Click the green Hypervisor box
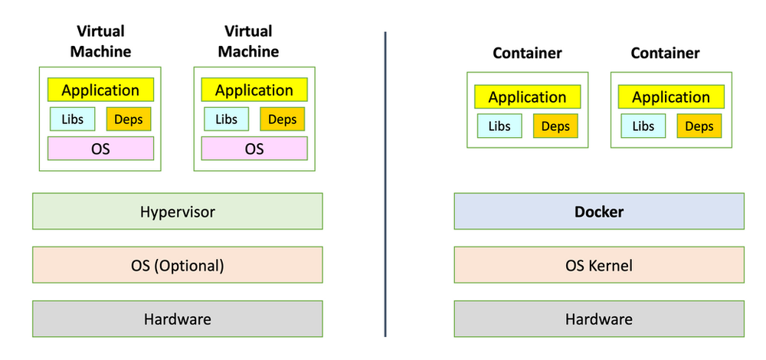177,211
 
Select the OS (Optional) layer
177,265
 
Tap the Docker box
599,211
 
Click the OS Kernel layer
599,265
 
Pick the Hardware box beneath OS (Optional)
177,319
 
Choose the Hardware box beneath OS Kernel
599,319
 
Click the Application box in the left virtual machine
100,90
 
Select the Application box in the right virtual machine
254,90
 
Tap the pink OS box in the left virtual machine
100,148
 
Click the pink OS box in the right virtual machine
254,148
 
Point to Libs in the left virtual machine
73,119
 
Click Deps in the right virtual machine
282,119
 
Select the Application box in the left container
527,97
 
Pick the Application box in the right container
671,97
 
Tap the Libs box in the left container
499,126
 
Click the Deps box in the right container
699,126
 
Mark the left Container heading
527,53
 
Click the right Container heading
665,53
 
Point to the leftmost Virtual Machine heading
100,41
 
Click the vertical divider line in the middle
385,184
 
